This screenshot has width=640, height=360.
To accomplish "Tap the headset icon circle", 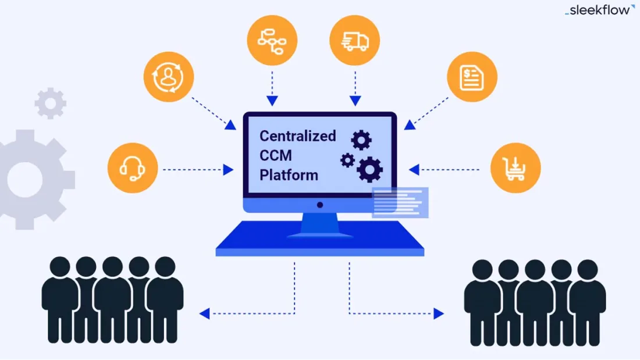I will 133,168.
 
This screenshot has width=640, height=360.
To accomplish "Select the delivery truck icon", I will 354,41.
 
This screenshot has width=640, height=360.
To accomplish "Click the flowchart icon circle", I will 272,41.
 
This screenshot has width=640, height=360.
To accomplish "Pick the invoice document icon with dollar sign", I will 472,77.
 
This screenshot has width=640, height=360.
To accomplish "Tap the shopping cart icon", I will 515,168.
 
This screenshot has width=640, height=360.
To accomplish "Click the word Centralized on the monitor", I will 297,136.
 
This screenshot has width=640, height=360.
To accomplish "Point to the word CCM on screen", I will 276,155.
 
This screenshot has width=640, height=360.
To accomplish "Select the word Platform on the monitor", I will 289,175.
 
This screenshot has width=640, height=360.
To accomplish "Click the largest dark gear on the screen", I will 370,169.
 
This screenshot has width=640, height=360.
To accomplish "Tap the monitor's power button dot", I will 319,205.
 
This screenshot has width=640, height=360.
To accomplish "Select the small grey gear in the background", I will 51,104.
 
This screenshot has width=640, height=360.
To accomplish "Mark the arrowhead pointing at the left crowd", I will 204,314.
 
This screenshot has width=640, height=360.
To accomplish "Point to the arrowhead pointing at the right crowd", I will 439,314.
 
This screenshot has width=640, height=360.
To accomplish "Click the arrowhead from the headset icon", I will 228,170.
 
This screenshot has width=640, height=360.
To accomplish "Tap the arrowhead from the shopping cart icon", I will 414,170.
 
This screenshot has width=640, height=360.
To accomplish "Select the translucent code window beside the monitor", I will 400,202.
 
